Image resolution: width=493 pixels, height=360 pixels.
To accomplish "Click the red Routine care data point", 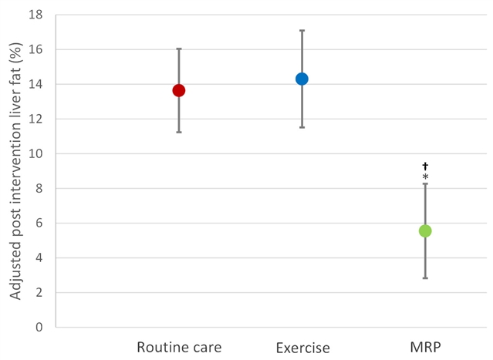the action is pyautogui.click(x=179, y=91).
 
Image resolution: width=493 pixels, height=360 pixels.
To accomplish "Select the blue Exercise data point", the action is pyautogui.click(x=302, y=79).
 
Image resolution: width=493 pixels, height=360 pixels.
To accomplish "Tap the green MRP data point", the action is pyautogui.click(x=425, y=231).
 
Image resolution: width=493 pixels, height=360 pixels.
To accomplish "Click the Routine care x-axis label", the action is pyautogui.click(x=179, y=348).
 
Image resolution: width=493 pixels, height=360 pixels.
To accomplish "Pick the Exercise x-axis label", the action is pyautogui.click(x=303, y=348).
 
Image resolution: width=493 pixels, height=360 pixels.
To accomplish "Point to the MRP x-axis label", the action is pyautogui.click(x=425, y=348).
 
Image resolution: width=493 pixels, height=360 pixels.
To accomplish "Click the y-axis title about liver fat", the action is pyautogui.click(x=15, y=171).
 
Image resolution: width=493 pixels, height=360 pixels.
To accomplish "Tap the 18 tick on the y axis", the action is pyautogui.click(x=35, y=15).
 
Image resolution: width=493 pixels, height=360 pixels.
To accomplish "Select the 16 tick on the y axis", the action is pyautogui.click(x=35, y=49).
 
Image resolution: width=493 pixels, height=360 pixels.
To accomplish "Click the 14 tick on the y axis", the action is pyautogui.click(x=35, y=84).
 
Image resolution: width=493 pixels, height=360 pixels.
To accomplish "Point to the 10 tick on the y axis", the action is pyautogui.click(x=35, y=153).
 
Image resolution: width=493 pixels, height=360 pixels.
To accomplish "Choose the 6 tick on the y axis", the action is pyautogui.click(x=39, y=223).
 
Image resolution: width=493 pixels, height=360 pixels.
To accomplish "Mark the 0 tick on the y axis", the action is pyautogui.click(x=39, y=328).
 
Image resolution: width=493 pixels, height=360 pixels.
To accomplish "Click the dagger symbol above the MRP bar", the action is pyautogui.click(x=425, y=166).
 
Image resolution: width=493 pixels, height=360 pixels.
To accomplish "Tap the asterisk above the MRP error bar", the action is pyautogui.click(x=425, y=177).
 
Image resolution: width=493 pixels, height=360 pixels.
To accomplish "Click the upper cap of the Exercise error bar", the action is pyautogui.click(x=302, y=31).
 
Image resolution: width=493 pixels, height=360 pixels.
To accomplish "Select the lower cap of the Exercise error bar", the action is pyautogui.click(x=302, y=127).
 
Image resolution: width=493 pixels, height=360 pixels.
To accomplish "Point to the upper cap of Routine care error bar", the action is pyautogui.click(x=179, y=49).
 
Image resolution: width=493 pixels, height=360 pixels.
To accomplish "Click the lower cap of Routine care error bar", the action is pyautogui.click(x=179, y=133).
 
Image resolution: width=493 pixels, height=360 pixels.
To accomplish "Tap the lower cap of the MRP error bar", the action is pyautogui.click(x=425, y=278).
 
